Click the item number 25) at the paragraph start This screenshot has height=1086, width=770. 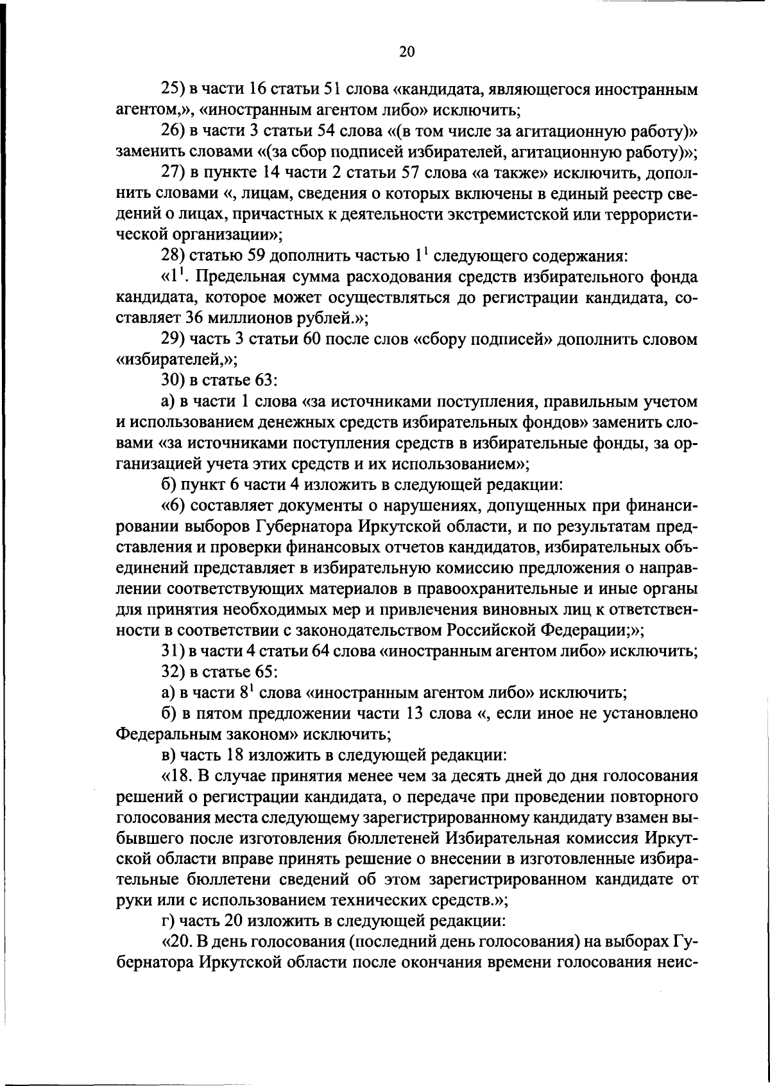tap(173, 90)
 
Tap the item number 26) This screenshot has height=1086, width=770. tap(173, 132)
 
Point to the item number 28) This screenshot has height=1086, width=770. tap(173, 256)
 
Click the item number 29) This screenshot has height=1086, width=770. tap(173, 339)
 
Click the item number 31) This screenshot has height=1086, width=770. tap(172, 651)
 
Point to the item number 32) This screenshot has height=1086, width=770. tap(173, 672)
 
